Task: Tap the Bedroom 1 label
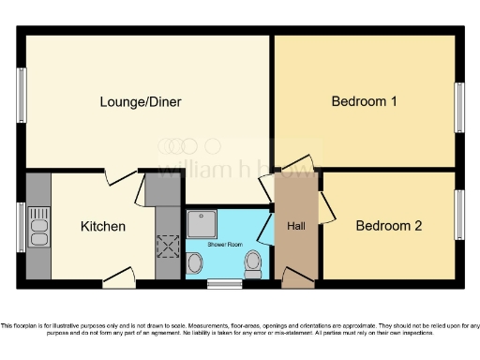364,101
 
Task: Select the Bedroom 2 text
388,226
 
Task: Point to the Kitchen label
102,226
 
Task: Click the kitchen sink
38,226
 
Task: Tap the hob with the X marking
168,247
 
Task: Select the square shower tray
201,223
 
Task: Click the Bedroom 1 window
460,108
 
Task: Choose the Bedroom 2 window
460,215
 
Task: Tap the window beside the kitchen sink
21,227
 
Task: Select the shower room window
223,282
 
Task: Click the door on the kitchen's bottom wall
118,276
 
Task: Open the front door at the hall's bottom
297,277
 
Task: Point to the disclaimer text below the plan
240,329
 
